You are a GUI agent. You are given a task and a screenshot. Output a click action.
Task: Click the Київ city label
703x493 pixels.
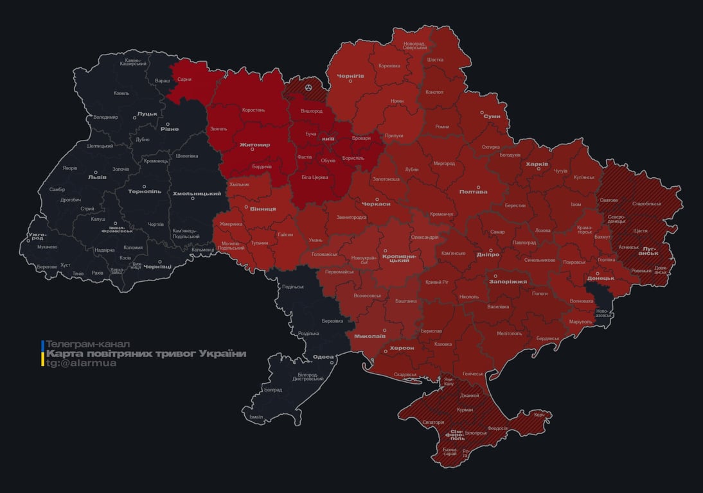click(x=328, y=139)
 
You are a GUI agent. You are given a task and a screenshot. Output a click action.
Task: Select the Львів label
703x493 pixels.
click(x=98, y=177)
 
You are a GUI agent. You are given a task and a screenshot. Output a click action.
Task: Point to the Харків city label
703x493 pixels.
click(x=537, y=164)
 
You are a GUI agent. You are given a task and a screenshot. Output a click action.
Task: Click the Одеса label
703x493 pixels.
click(x=323, y=357)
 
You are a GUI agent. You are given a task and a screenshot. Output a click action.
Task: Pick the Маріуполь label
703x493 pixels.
click(x=580, y=321)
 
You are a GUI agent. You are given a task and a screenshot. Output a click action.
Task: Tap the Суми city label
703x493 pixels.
click(x=492, y=116)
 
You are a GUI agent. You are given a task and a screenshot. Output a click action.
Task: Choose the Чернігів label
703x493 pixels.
click(x=351, y=76)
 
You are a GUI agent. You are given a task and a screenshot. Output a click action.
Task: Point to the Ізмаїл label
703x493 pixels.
click(x=256, y=417)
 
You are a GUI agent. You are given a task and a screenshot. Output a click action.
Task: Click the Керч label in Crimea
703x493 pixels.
click(x=538, y=415)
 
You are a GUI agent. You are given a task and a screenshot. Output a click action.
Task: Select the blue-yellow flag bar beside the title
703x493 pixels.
click(x=42, y=354)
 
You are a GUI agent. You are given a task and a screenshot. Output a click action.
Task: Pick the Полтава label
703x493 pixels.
click(x=473, y=191)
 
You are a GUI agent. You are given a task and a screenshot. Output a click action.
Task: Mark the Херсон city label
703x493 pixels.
click(x=402, y=348)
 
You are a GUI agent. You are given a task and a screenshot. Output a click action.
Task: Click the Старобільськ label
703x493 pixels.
click(x=646, y=203)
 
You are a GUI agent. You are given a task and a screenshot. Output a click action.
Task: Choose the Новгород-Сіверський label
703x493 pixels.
click(x=415, y=46)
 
